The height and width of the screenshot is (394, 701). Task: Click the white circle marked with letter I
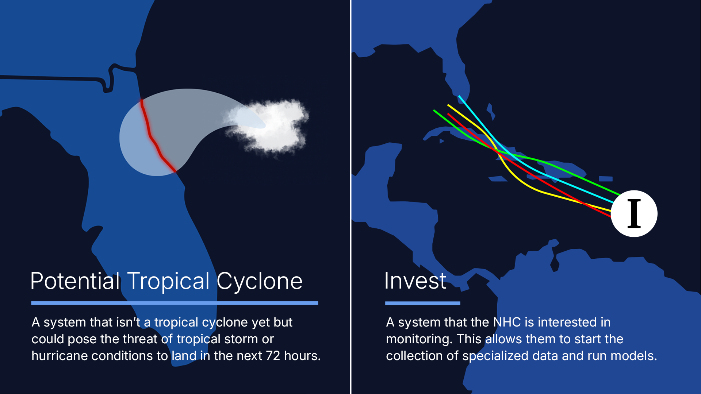634,213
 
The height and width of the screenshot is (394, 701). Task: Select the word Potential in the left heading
75,281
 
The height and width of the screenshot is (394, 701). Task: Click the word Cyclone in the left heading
260,282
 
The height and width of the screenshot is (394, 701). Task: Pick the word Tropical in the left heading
168,282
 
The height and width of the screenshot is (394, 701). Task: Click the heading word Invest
415,281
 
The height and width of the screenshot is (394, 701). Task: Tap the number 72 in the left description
273,356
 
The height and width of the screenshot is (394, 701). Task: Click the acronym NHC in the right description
507,322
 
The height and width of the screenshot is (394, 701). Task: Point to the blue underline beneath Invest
423,303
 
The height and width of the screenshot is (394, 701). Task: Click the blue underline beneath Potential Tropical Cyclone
175,303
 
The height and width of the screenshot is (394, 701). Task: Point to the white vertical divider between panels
350,197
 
